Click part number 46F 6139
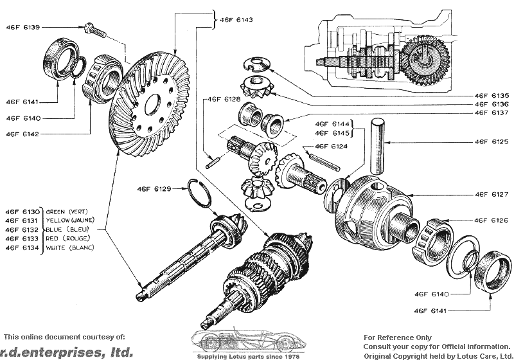click(x=22, y=27)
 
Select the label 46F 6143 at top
click(x=236, y=20)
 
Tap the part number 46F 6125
click(x=492, y=141)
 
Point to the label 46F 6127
click(x=492, y=194)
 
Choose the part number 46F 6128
click(x=224, y=100)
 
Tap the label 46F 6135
click(x=492, y=94)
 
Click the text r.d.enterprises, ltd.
click(x=67, y=352)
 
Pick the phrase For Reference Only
click(x=398, y=337)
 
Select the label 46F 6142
click(x=22, y=133)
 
